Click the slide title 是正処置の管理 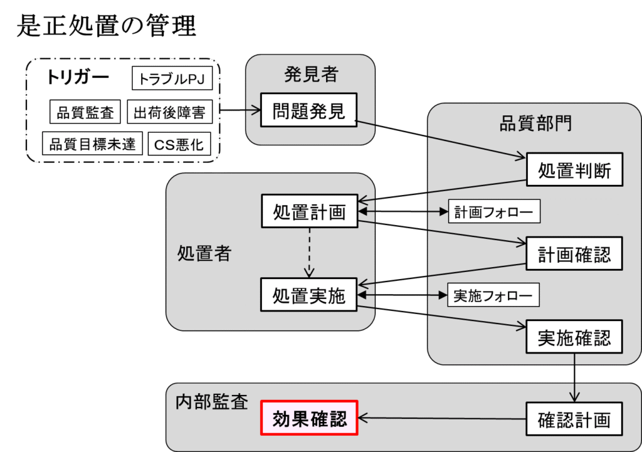pos(106,26)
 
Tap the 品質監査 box pos(85,113)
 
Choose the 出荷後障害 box pos(170,113)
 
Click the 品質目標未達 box pos(93,144)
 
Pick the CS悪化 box pos(179,144)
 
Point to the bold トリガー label pos(77,78)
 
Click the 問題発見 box pos(308,111)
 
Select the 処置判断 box pos(574,170)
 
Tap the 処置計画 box pos(309,212)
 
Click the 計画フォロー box pos(494,212)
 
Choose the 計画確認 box pos(574,254)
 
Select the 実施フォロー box pos(493,295)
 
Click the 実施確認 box pos(574,337)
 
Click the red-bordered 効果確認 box pos(309,418)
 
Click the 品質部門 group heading pos(535,123)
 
